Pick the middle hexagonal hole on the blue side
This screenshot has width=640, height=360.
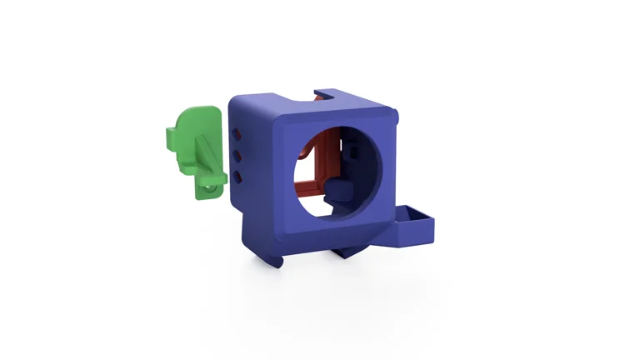click(x=238, y=155)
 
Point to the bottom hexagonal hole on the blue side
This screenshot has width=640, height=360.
click(x=238, y=176)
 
